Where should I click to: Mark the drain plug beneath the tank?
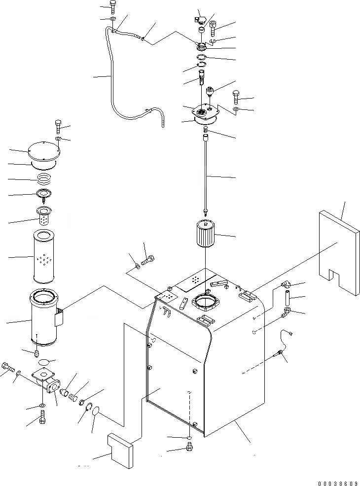pos(189,447)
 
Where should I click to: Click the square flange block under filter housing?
pos(42,378)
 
